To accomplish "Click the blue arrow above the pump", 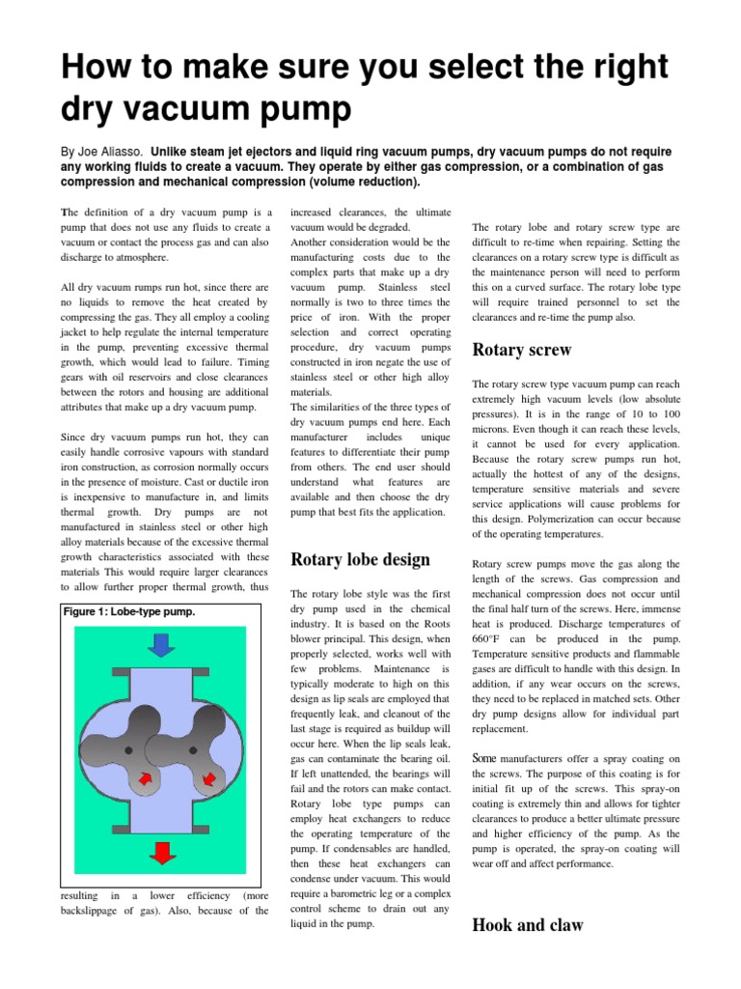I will (160, 643).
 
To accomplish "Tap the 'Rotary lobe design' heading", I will (360, 559).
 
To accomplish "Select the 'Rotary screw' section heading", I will (521, 350).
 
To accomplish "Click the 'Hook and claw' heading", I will (527, 925).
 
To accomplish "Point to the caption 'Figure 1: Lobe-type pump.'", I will (129, 611).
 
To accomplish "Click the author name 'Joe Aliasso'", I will (110, 152).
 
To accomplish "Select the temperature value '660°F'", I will (489, 639).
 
